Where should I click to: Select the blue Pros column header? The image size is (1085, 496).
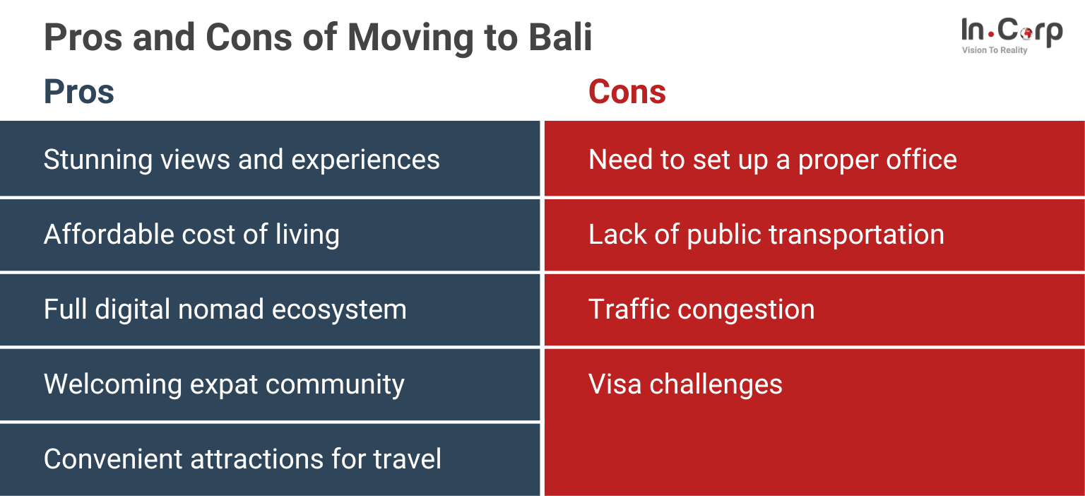79,93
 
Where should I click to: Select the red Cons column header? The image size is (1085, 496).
627,93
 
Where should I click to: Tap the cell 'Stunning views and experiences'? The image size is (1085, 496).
242,160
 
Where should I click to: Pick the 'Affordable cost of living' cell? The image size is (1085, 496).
191,235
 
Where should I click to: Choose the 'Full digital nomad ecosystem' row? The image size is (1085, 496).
225,309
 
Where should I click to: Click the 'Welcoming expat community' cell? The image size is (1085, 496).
224,384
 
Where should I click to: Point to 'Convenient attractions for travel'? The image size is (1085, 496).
242,459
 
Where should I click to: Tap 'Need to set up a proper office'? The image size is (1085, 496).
772,160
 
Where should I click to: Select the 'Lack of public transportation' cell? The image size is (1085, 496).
766,235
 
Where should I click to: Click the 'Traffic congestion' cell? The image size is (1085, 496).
701,309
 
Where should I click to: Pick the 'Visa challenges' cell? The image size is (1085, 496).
685,384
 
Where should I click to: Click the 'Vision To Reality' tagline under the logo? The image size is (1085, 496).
994,50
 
